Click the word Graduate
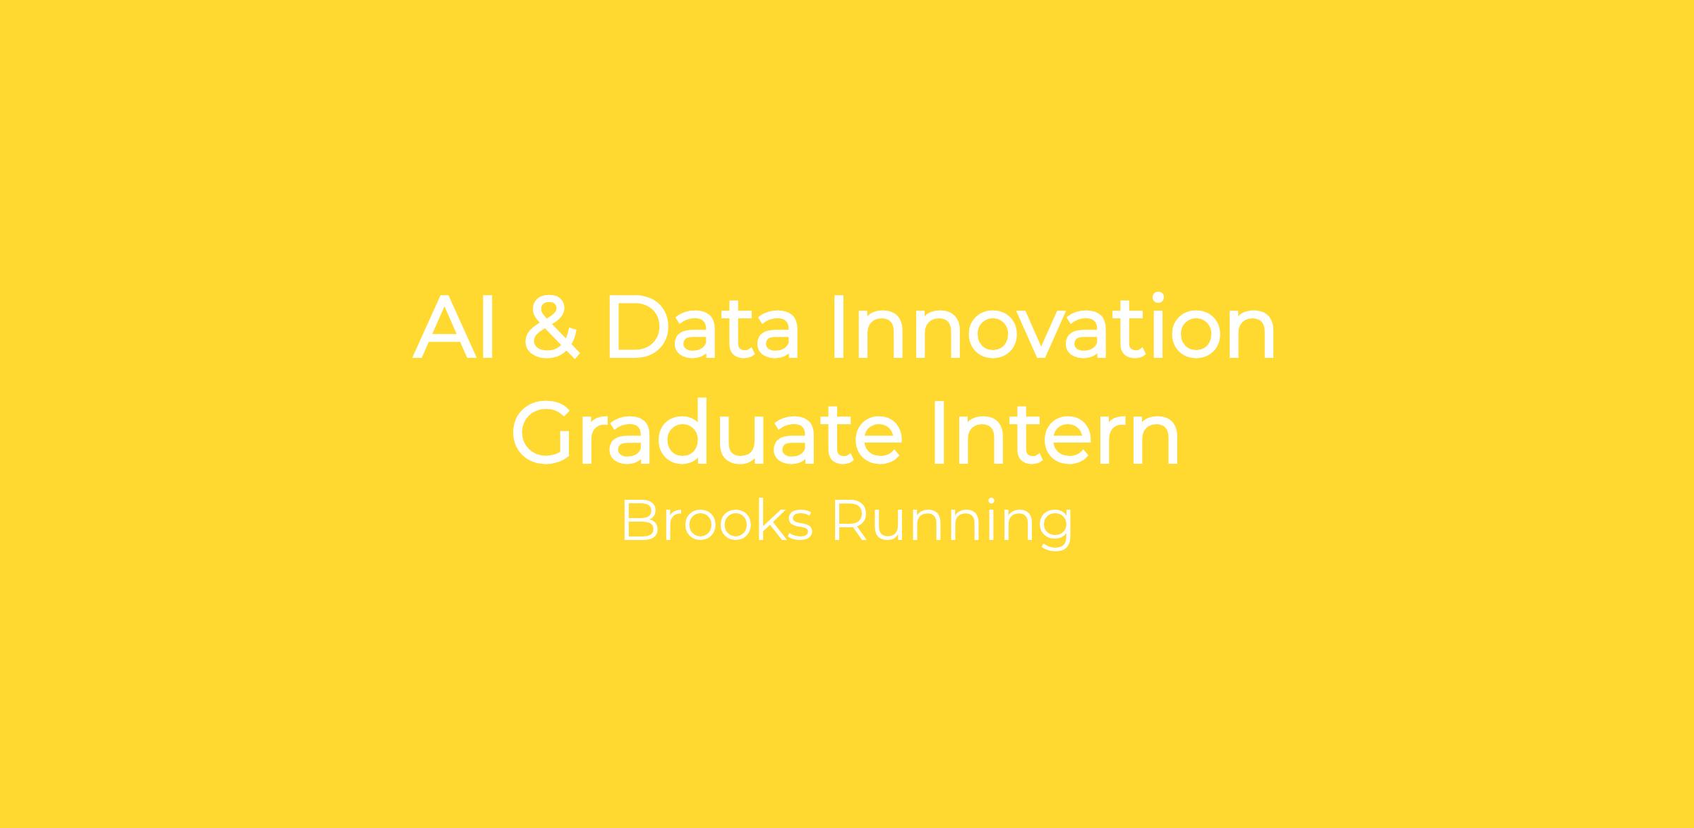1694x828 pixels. [707, 431]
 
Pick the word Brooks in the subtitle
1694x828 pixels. [717, 521]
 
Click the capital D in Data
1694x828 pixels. [637, 326]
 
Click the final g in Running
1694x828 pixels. [1057, 532]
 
